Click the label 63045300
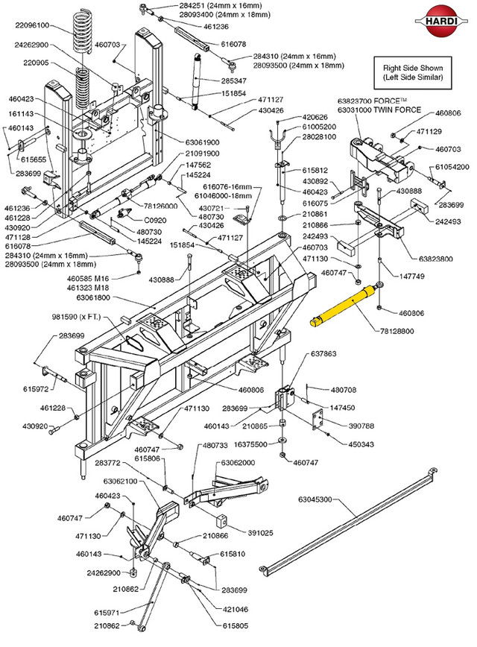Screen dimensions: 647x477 click(320, 499)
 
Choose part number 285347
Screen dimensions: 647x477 click(233, 80)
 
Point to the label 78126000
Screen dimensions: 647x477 click(159, 206)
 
